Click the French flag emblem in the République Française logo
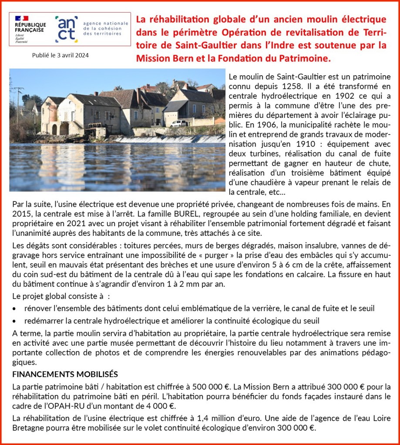click(21, 18)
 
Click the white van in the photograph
click(179, 123)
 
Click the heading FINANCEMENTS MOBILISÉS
click(65, 375)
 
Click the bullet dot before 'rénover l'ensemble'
click(15, 308)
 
